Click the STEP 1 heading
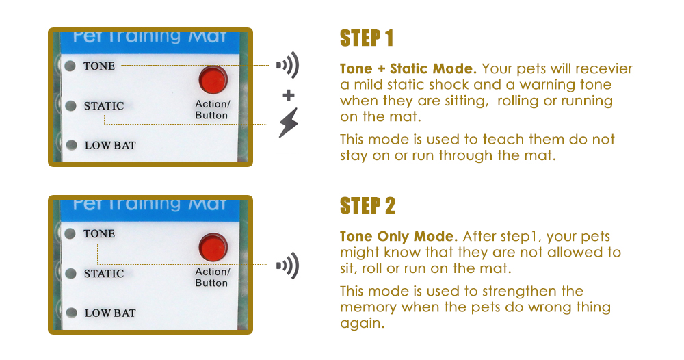coord(367,38)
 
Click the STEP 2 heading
coord(367,205)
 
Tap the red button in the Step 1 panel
coord(213,80)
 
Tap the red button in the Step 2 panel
coord(213,248)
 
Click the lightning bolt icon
coord(289,123)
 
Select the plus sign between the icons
coord(289,95)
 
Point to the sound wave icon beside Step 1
coord(287,65)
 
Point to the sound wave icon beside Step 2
coord(287,266)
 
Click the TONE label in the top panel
coord(99,66)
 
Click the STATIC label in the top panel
coord(104,106)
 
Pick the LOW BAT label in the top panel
coord(110,145)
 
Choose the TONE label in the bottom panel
coord(99,233)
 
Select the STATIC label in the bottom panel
coord(104,274)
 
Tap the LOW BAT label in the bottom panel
coord(110,313)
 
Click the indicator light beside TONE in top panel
coord(70,66)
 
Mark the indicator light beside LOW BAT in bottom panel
coord(71,313)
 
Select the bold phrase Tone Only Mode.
coord(399,236)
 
